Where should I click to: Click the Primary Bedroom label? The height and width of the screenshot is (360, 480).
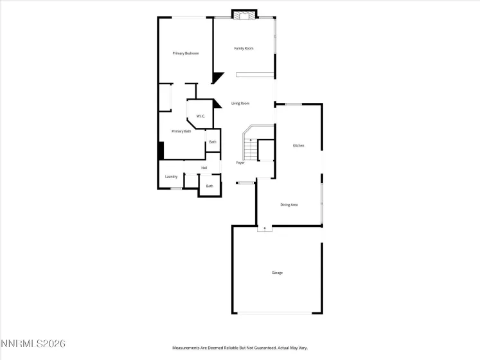185,53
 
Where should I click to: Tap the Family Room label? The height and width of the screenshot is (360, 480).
244,48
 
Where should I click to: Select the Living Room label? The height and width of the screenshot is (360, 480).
240,104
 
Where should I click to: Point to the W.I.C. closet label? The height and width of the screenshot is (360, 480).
200,116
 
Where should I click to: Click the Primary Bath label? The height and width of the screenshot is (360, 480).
181,131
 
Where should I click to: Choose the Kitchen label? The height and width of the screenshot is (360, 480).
298,146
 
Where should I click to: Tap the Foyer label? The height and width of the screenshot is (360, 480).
240,163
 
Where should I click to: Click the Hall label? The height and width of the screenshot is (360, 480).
204,168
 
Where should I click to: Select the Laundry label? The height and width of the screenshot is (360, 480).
171,177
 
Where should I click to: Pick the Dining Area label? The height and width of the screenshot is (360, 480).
289,205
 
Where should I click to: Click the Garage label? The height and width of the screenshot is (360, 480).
277,273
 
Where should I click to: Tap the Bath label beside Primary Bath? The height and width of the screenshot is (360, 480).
213,142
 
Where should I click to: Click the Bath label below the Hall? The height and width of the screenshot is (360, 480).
209,186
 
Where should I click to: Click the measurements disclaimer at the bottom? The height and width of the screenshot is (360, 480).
240,348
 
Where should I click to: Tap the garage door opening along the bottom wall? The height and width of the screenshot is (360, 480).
277,313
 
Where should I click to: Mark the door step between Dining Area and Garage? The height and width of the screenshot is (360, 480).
264,228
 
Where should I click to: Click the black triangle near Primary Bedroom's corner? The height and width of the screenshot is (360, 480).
217,78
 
